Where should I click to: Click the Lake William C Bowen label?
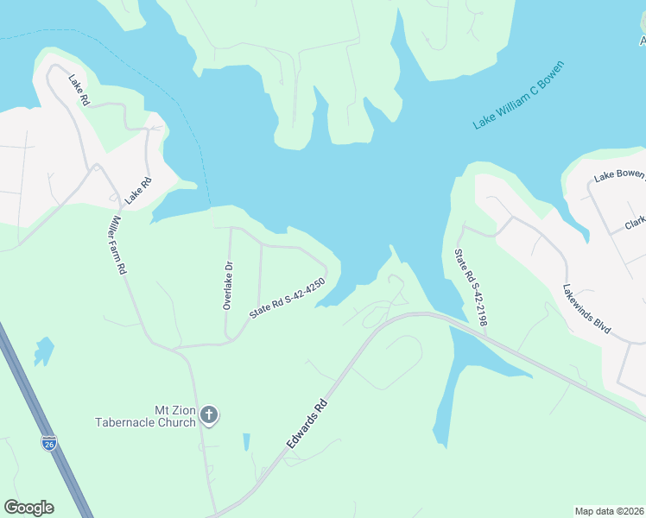(519, 95)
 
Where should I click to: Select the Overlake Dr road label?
(228, 285)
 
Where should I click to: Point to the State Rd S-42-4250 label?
(287, 299)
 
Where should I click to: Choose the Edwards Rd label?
(308, 422)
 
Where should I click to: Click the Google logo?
(28, 508)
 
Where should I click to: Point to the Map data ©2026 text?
(610, 511)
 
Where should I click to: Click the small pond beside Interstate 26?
(43, 351)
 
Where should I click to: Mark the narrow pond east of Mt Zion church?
(246, 442)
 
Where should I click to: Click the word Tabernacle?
(145, 423)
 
